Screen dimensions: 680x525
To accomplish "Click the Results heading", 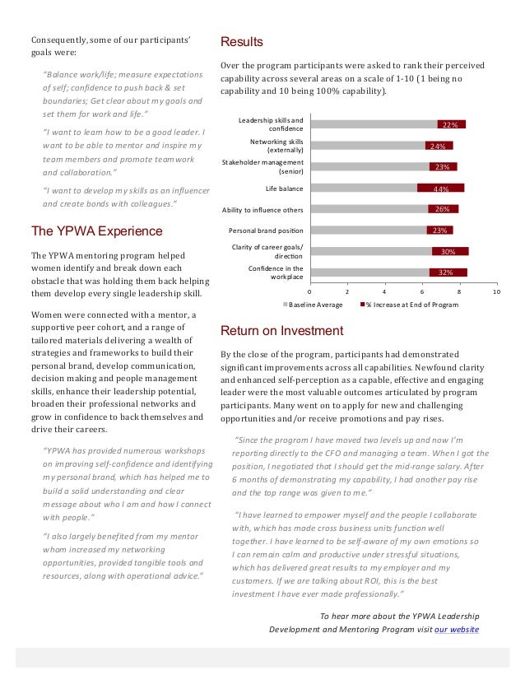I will pyautogui.click(x=242, y=42).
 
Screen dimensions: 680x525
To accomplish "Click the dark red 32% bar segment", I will pyautogui.click(x=448, y=272).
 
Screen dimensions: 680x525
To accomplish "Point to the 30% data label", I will pyautogui.click(x=449, y=252).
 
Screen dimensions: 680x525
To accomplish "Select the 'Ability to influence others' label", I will pyautogui.click(x=262, y=209).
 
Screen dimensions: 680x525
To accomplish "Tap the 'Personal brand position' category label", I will pyautogui.click(x=266, y=231).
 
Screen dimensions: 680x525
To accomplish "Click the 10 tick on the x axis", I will pyautogui.click(x=497, y=291).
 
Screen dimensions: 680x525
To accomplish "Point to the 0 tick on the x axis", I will pyautogui.click(x=309, y=291).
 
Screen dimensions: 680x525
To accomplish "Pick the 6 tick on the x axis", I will pyautogui.click(x=422, y=291).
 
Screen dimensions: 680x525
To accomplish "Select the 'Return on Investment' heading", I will pyautogui.click(x=282, y=331).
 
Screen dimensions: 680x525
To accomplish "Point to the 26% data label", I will pyautogui.click(x=442, y=209).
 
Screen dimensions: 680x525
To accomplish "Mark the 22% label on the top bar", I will pyautogui.click(x=449, y=125).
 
